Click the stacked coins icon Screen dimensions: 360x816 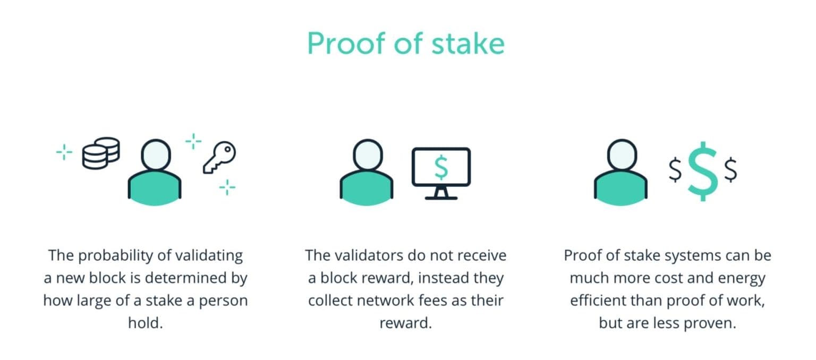[x=100, y=153]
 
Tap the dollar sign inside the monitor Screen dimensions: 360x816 [x=441, y=167]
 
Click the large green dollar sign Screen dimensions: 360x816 [x=702, y=171]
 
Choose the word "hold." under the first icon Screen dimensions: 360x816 [x=145, y=323]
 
